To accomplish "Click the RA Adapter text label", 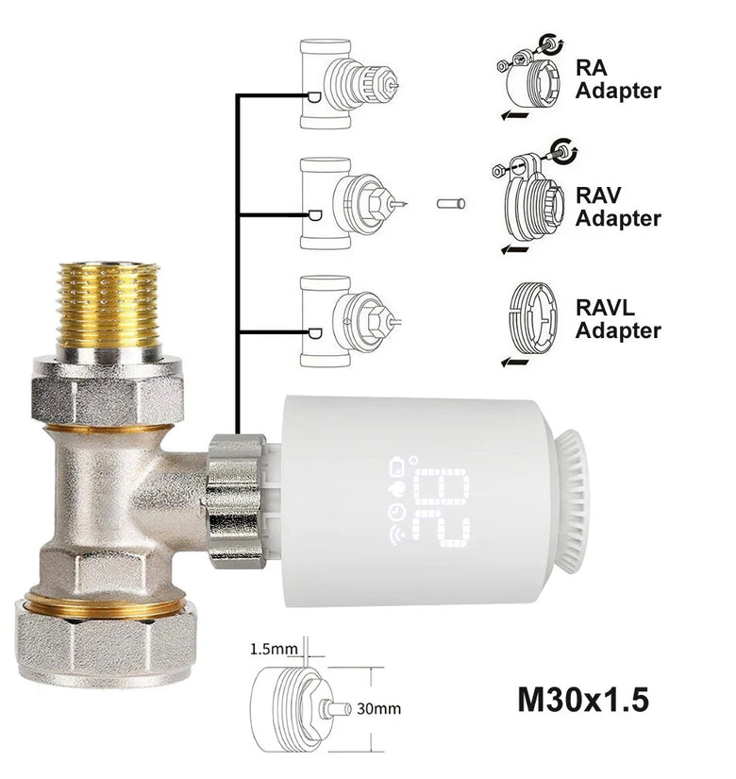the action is tap(618, 79).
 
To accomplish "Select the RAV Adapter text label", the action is tap(618, 207).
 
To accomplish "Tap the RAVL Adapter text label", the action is tap(618, 319).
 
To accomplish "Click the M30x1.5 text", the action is tap(583, 700).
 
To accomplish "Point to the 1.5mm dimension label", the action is tap(274, 649).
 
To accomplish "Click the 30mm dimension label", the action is tap(378, 708).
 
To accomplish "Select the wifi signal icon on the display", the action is tap(397, 536).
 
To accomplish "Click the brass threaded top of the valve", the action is tap(109, 306).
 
